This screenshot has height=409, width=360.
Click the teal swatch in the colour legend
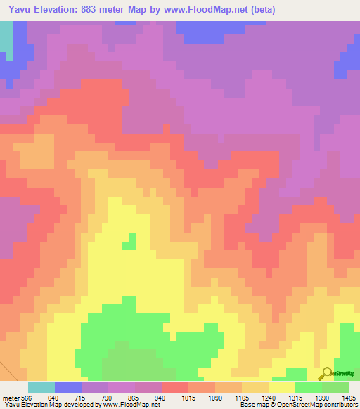click(x=41, y=387)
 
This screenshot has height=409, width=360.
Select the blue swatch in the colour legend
click(x=68, y=387)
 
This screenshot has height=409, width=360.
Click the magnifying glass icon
click(x=326, y=373)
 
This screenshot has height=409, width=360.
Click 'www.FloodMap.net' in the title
click(x=210, y=10)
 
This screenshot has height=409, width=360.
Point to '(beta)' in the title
click(x=259, y=10)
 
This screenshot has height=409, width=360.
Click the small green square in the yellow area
click(x=129, y=242)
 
